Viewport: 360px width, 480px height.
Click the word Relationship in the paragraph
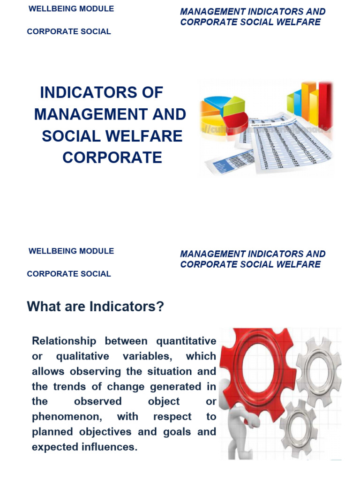pyautogui.click(x=64, y=341)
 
